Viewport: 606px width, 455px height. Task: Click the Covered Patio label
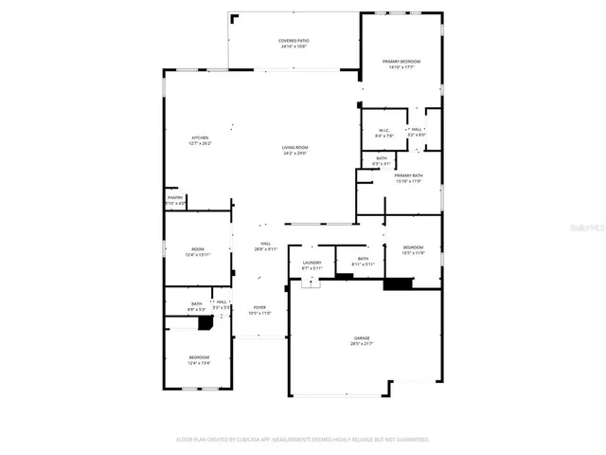click(x=294, y=41)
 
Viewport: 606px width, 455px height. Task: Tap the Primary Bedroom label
click(x=401, y=62)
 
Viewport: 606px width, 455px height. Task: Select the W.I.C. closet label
click(x=384, y=131)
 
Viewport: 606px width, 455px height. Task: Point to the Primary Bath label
click(x=408, y=175)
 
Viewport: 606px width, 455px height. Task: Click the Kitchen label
click(x=200, y=138)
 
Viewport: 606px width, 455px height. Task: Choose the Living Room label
click(x=294, y=147)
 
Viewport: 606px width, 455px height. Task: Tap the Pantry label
click(x=175, y=197)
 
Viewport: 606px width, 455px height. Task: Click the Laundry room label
click(x=312, y=263)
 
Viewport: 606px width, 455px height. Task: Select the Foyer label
click(x=258, y=308)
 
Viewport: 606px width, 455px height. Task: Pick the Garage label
click(x=362, y=337)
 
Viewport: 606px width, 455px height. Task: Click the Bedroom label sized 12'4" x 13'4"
click(x=199, y=356)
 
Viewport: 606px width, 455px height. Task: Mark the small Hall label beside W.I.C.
click(x=417, y=130)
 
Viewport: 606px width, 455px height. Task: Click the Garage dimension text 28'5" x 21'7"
click(x=362, y=343)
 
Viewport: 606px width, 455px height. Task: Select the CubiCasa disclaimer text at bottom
click(x=303, y=439)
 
